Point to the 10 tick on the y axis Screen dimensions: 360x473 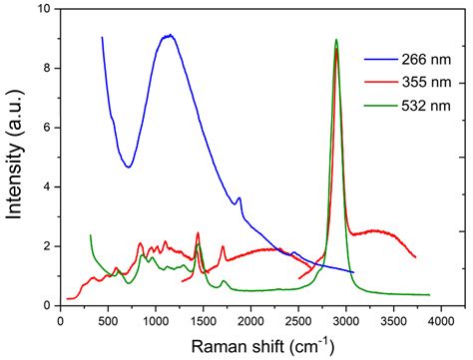[x=45, y=10]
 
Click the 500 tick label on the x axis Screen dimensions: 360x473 [x=108, y=321]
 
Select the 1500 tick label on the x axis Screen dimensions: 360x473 [x=203, y=321]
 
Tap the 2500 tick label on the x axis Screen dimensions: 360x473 [x=297, y=321]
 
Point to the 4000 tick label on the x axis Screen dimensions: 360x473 [x=440, y=321]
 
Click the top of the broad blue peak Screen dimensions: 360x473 [x=170, y=36]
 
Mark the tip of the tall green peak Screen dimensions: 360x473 [x=336, y=40]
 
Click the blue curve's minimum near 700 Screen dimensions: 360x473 [x=129, y=167]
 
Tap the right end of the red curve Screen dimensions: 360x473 [x=414, y=256]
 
